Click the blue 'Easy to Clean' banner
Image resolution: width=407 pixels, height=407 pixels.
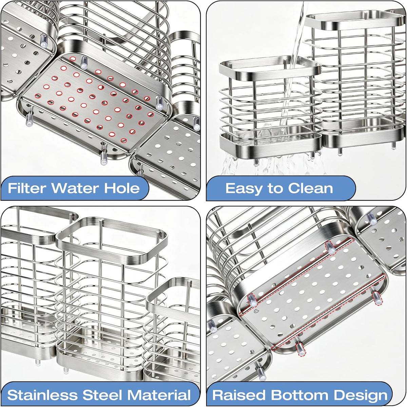pyautogui.click(x=281, y=188)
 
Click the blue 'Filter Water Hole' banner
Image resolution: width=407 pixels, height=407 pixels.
pyautogui.click(x=75, y=188)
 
